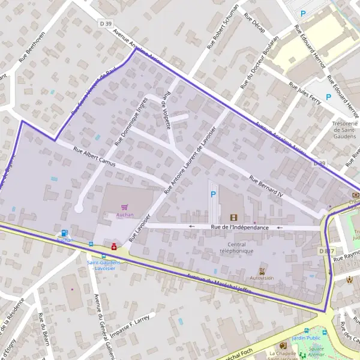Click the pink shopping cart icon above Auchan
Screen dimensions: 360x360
(125, 207)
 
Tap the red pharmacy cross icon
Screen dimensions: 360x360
(113, 246)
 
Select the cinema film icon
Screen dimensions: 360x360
(233, 217)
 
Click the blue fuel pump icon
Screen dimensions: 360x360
(64, 233)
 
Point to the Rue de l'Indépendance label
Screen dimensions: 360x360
(240, 227)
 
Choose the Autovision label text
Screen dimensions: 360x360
(262, 278)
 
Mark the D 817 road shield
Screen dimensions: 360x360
(326, 250)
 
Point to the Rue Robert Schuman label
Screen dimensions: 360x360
(223, 26)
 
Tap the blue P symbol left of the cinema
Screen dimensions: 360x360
(213, 194)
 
